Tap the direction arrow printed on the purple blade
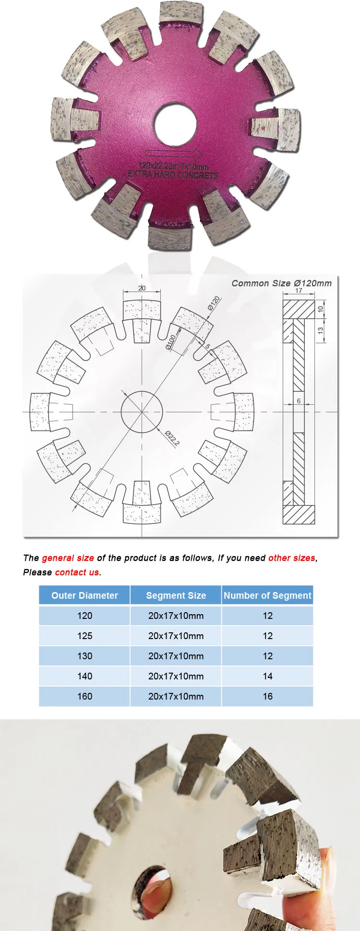tap(174, 154)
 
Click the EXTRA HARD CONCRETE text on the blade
tap(173, 174)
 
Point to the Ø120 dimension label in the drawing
tap(214, 303)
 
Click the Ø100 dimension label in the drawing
tap(171, 341)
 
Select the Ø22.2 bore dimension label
tap(172, 438)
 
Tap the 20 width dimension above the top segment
tap(142, 288)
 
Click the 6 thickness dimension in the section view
tap(299, 401)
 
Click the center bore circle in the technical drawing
tap(142, 412)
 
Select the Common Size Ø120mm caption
tap(281, 283)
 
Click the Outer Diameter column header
tap(84, 595)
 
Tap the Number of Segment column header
tap(267, 595)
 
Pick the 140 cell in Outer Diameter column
tap(84, 676)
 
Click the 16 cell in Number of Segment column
tap(267, 696)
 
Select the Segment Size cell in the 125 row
tap(176, 636)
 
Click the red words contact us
tap(77, 572)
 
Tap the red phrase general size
tap(68, 558)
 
